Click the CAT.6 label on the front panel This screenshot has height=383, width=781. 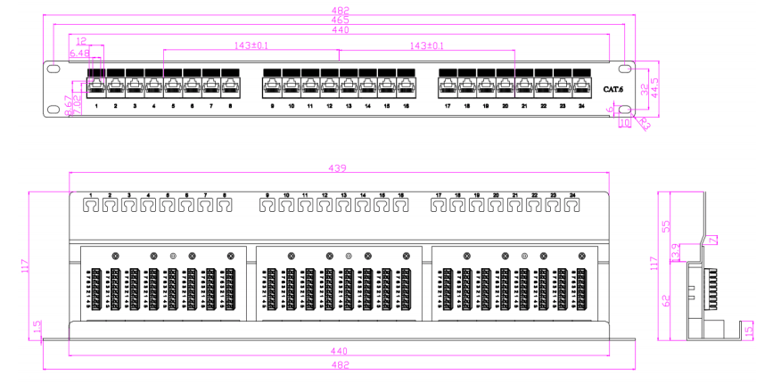click(613, 88)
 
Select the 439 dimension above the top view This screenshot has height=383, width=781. click(339, 168)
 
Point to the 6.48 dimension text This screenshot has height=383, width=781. click(79, 53)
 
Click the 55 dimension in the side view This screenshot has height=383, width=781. click(665, 225)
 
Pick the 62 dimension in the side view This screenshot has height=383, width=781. click(665, 300)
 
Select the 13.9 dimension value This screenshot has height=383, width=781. click(676, 251)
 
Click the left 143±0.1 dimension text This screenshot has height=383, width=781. click(251, 45)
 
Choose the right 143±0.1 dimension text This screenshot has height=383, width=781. click(426, 45)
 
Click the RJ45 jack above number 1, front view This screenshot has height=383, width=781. click(96, 86)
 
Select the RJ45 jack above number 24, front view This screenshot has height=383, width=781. click(581, 86)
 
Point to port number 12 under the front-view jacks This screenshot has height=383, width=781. click(329, 106)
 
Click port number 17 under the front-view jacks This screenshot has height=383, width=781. click(448, 106)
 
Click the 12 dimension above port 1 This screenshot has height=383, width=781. click(81, 41)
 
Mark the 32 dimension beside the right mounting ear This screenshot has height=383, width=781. click(644, 88)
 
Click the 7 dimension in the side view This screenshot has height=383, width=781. click(711, 239)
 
